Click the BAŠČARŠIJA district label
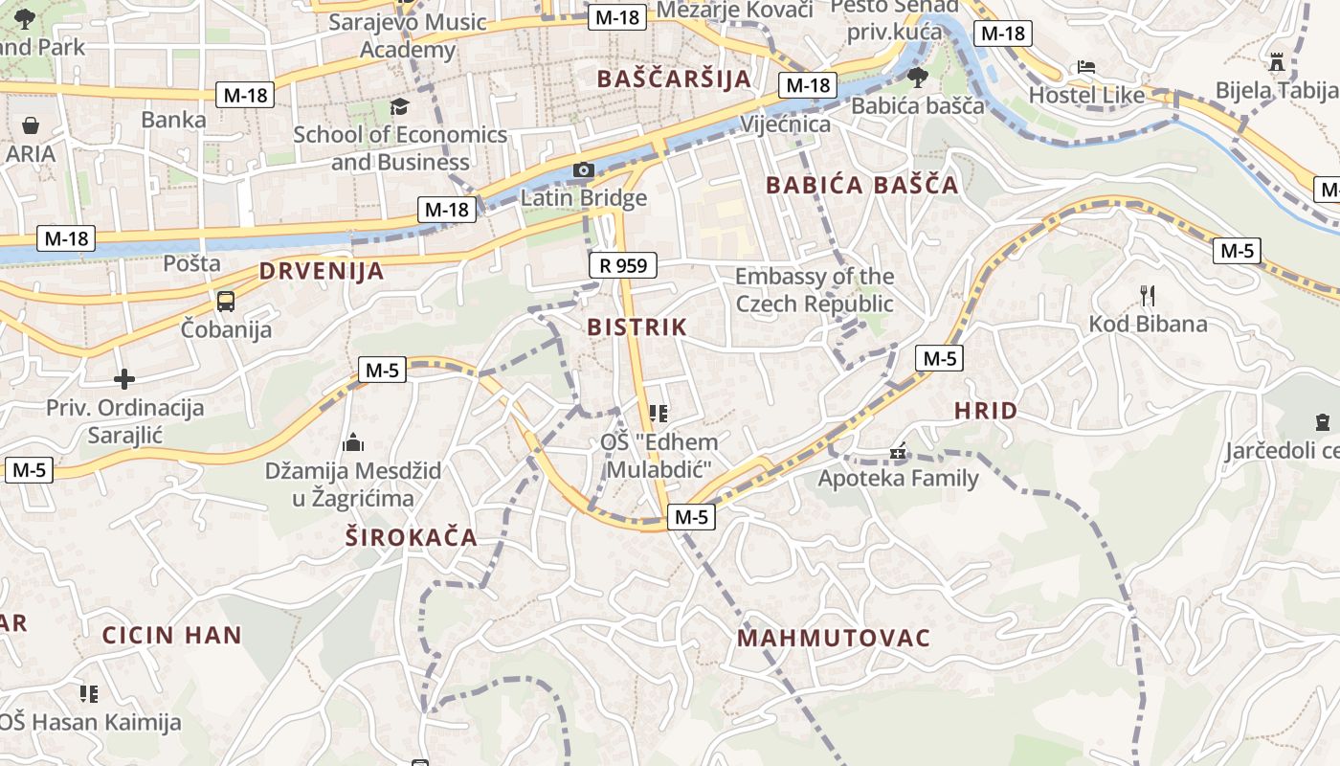[674, 79]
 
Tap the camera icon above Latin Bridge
[583, 170]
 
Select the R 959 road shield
[622, 265]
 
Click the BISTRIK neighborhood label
[636, 327]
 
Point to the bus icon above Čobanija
[226, 302]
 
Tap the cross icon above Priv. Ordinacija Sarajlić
[124, 379]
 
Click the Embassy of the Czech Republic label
[814, 290]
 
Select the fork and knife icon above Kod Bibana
[1148, 296]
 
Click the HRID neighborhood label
[986, 412]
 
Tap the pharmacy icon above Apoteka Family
[898, 450]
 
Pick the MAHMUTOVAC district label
[834, 639]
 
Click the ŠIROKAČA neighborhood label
[412, 537]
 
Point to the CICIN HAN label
[172, 635]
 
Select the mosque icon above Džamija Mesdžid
[353, 443]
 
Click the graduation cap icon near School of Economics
[399, 106]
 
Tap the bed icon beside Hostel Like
[1085, 67]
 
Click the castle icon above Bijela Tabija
[1276, 62]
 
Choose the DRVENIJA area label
[322, 271]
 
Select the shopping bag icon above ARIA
[31, 125]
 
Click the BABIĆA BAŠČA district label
[862, 186]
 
